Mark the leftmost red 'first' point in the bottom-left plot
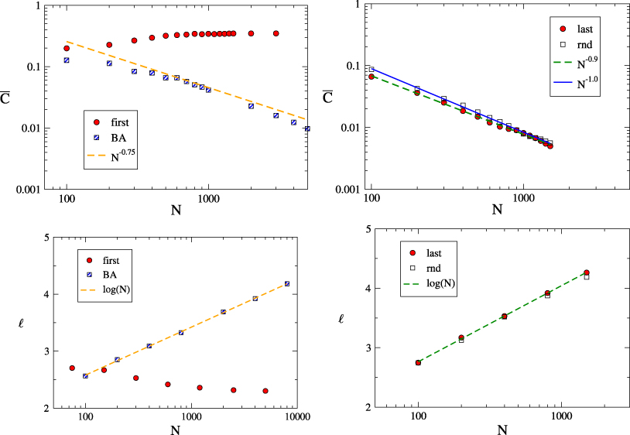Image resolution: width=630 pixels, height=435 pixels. [x=72, y=368]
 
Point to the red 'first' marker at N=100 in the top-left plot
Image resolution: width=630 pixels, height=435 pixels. [x=67, y=49]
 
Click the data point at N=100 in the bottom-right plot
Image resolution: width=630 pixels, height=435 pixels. [x=419, y=362]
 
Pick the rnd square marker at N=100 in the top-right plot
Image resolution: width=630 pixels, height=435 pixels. [x=371, y=70]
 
